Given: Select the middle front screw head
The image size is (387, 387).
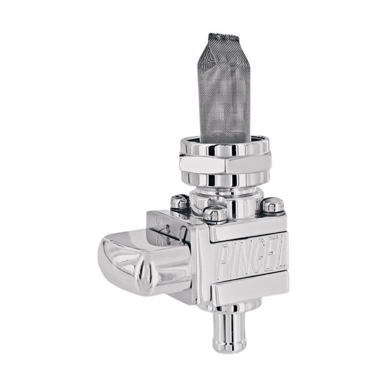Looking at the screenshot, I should (215, 212).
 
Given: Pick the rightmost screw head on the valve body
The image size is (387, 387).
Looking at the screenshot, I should (273, 206).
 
